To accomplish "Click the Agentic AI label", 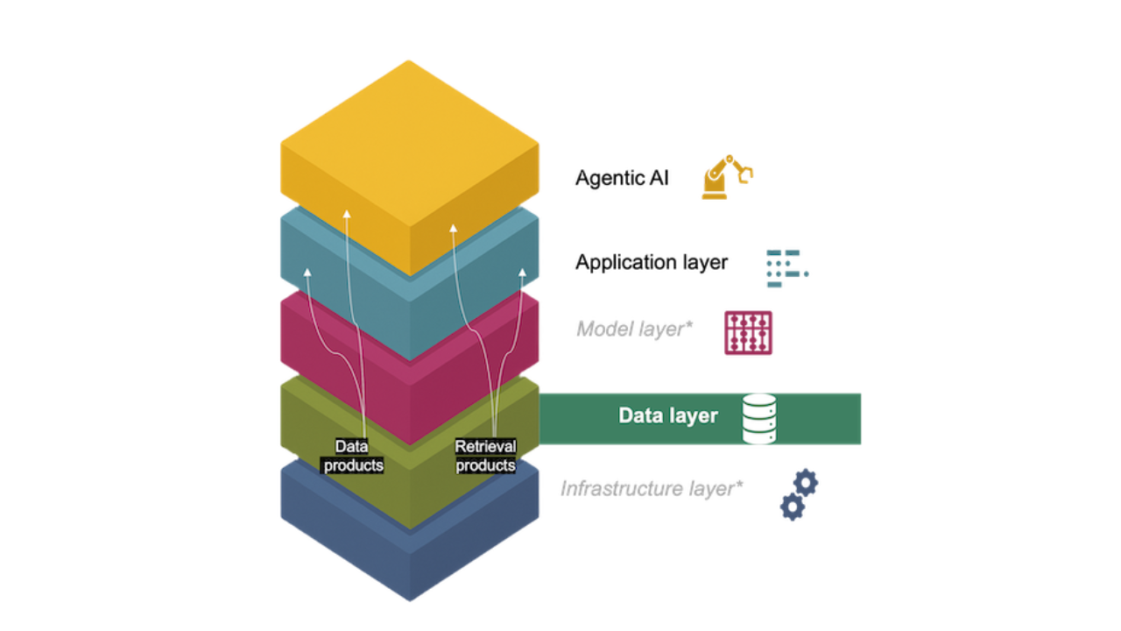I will (622, 178).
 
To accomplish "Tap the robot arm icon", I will (726, 177).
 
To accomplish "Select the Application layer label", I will (652, 262).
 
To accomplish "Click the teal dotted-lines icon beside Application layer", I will (786, 268).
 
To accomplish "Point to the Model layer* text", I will (634, 330).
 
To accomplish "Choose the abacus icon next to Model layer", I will (748, 333).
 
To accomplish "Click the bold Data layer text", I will (668, 415).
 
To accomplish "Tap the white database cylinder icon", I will (758, 419).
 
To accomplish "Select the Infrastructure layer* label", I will (652, 488).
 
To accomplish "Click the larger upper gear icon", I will (805, 482).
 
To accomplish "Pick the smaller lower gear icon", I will (792, 507).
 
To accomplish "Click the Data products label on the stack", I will (353, 456).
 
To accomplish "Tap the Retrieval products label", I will (485, 456).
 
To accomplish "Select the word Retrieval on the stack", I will (485, 447).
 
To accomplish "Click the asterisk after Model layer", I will (688, 325).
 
